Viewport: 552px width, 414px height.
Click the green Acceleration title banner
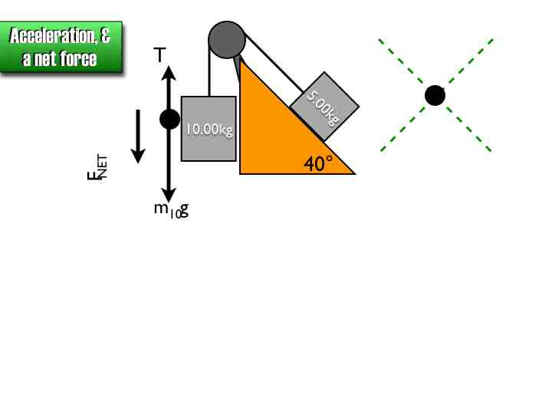(61, 47)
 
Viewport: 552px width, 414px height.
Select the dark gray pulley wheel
(227, 39)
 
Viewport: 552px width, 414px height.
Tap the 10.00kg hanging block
(209, 129)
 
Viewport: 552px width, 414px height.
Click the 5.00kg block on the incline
(324, 106)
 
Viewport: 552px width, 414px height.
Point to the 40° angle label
(318, 163)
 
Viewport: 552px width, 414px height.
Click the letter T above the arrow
(159, 55)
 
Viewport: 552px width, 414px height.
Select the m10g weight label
(171, 209)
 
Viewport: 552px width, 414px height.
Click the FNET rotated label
(97, 166)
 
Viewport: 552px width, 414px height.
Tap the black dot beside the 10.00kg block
(169, 119)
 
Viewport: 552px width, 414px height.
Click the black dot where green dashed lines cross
(435, 95)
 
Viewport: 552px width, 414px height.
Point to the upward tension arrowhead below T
(169, 72)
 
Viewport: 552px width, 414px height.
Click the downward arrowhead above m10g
(169, 195)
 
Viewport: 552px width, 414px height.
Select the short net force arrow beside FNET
(138, 136)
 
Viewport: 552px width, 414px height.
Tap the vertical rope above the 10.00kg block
(209, 73)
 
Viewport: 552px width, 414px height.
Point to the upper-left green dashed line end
(381, 41)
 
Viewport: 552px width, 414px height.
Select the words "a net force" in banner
(60, 58)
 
